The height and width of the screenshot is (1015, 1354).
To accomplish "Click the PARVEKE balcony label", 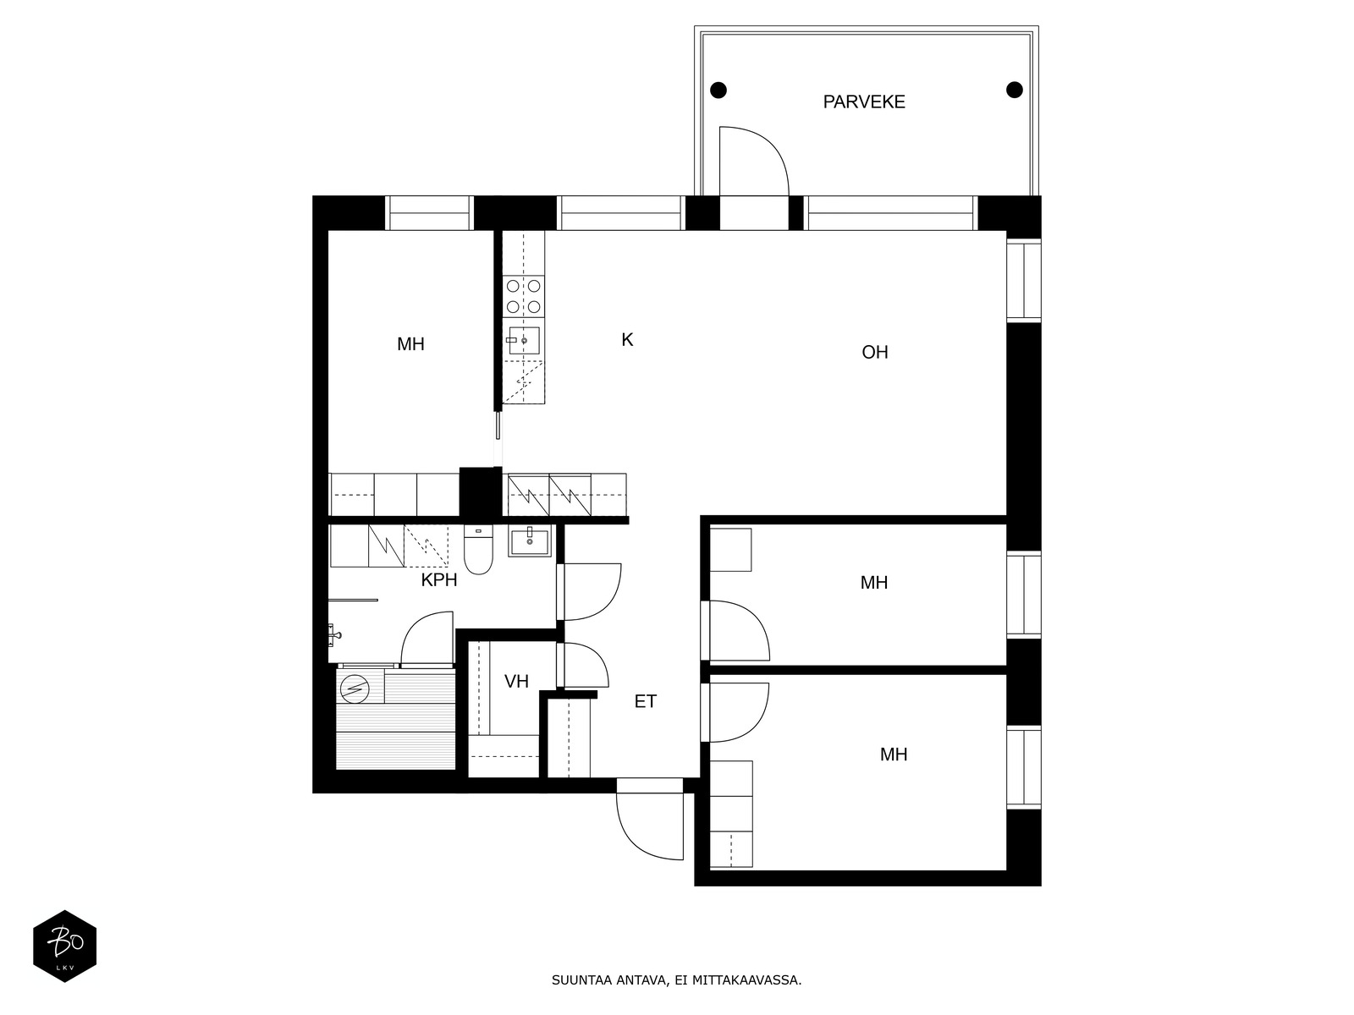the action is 864,101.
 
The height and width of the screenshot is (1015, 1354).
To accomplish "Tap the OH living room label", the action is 875,352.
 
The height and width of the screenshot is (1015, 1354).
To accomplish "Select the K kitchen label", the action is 627,339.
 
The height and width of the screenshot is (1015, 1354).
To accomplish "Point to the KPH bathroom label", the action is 438,580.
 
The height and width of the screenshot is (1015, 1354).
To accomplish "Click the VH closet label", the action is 516,681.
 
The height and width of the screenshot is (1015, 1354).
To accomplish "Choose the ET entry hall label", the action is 645,701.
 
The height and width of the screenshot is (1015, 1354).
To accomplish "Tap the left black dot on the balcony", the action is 718,90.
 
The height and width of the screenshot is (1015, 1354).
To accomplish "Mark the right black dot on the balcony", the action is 1014,90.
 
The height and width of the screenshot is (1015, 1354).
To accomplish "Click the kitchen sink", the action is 524,341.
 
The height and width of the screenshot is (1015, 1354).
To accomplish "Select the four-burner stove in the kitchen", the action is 523,296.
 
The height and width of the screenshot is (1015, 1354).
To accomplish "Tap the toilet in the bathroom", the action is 478,550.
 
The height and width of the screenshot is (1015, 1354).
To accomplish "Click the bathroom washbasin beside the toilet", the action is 529,541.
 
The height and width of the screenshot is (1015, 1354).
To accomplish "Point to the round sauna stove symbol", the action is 354,689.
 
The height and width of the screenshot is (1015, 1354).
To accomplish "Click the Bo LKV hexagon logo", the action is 65,946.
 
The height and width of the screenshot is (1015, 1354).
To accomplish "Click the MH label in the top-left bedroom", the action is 410,344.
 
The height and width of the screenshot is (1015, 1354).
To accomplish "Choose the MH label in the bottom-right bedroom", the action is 893,754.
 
